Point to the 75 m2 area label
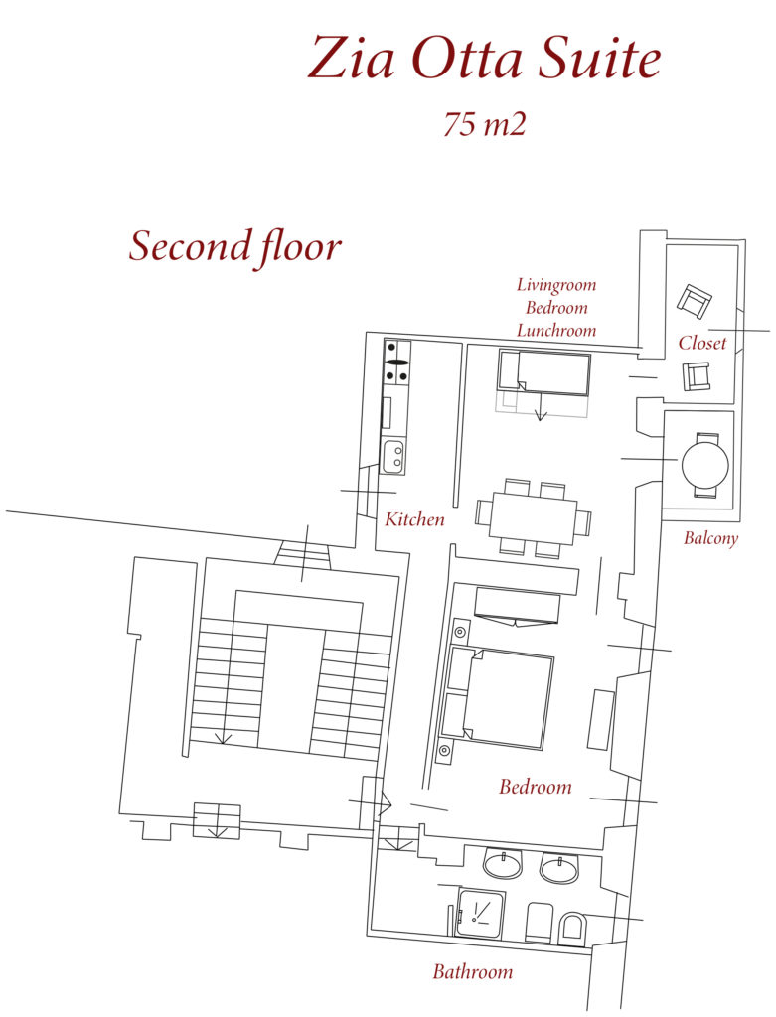(x=484, y=123)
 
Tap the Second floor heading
(x=234, y=247)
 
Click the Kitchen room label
(x=414, y=518)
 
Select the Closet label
(x=702, y=342)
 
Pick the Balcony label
(x=711, y=538)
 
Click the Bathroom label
(x=472, y=971)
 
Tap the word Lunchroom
(x=556, y=330)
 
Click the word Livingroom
(x=556, y=285)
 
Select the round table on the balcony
(x=704, y=464)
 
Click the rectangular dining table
(x=533, y=517)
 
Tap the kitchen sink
(x=393, y=456)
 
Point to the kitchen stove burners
(x=397, y=362)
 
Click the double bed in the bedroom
(x=499, y=698)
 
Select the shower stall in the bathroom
(x=480, y=912)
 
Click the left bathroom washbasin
(x=502, y=864)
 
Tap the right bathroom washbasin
(x=559, y=868)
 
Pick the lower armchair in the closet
(x=697, y=376)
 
